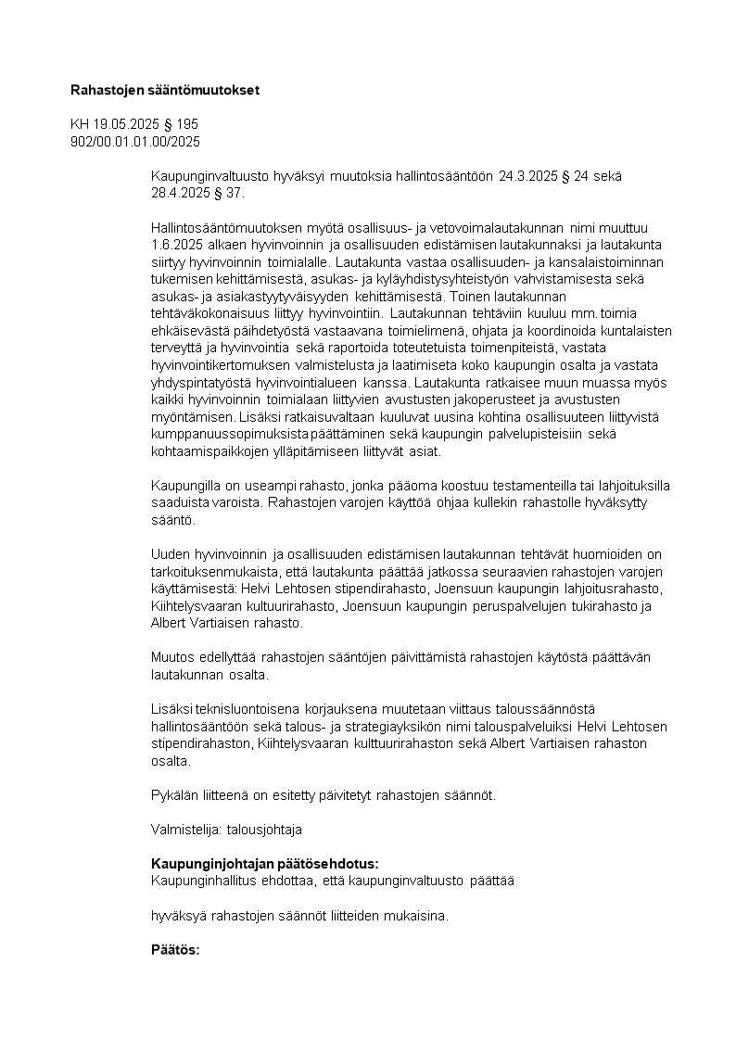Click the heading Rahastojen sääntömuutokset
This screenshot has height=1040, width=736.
pyautogui.click(x=165, y=90)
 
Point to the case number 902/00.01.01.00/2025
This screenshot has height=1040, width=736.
pyautogui.click(x=135, y=141)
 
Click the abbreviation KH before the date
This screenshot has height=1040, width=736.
pyautogui.click(x=81, y=124)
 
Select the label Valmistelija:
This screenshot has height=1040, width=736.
pyautogui.click(x=180, y=829)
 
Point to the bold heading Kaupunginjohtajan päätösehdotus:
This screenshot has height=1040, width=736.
pyautogui.click(x=264, y=864)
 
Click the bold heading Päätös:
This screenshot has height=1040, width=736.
pyautogui.click(x=175, y=950)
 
